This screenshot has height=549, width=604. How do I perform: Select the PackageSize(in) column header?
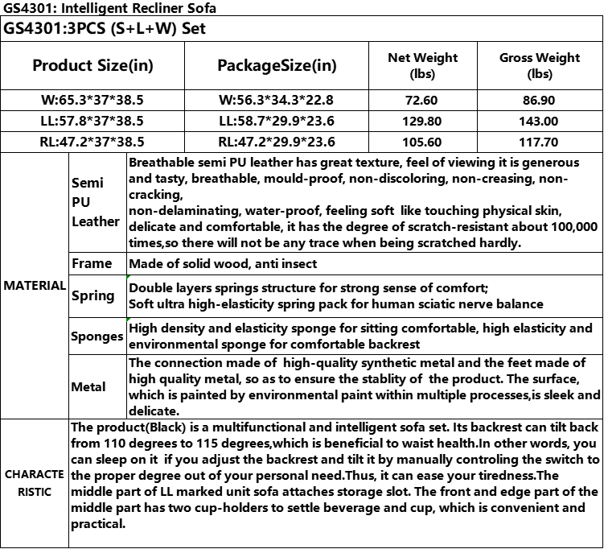(x=277, y=65)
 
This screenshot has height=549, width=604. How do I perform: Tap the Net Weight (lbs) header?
(x=422, y=65)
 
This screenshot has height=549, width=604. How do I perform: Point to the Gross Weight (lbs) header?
(x=540, y=65)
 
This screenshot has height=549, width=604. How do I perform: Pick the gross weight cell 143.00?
(x=540, y=121)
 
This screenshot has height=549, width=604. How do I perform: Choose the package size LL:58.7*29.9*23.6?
(x=277, y=121)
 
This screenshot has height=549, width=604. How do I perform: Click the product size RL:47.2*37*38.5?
(x=92, y=142)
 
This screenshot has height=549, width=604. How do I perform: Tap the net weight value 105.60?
(x=422, y=142)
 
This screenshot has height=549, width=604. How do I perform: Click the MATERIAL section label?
(x=35, y=285)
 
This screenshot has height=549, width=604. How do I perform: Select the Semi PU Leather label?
(x=95, y=202)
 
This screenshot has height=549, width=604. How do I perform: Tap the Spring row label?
(x=93, y=295)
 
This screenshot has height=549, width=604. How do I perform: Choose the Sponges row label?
(x=97, y=336)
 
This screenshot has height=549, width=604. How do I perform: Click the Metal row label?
(x=88, y=386)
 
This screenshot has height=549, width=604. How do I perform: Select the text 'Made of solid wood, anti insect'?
(x=223, y=263)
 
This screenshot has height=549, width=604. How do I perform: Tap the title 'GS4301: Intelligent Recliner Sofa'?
(x=109, y=8)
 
